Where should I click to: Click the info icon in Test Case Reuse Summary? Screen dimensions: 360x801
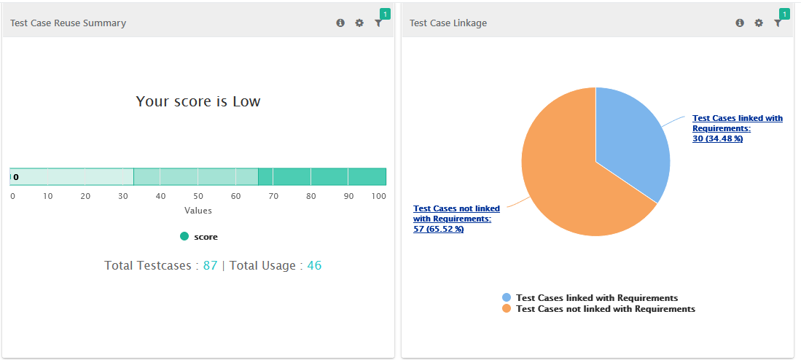340,23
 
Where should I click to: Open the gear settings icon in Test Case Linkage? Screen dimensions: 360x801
759,23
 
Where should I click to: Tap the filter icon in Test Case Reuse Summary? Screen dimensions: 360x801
378,23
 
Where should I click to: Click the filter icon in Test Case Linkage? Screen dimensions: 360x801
778,23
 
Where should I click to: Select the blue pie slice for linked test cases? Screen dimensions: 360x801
630,142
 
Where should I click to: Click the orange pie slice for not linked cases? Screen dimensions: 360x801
561,175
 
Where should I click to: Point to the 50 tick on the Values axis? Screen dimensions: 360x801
198,196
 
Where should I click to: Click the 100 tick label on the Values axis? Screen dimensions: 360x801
378,196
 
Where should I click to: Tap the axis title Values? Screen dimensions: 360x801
198,211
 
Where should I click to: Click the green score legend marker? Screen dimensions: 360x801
184,236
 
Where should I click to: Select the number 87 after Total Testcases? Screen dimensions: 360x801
210,265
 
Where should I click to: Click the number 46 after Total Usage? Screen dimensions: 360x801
314,265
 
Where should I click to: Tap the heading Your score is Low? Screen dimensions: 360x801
198,101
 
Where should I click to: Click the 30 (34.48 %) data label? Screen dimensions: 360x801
717,139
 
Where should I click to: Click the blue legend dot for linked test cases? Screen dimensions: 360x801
507,297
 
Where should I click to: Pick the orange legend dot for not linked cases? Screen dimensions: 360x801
507,309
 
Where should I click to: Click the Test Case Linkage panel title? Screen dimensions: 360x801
448,23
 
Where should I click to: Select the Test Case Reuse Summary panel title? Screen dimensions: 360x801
68,23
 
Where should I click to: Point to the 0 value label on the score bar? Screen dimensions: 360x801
16,177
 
